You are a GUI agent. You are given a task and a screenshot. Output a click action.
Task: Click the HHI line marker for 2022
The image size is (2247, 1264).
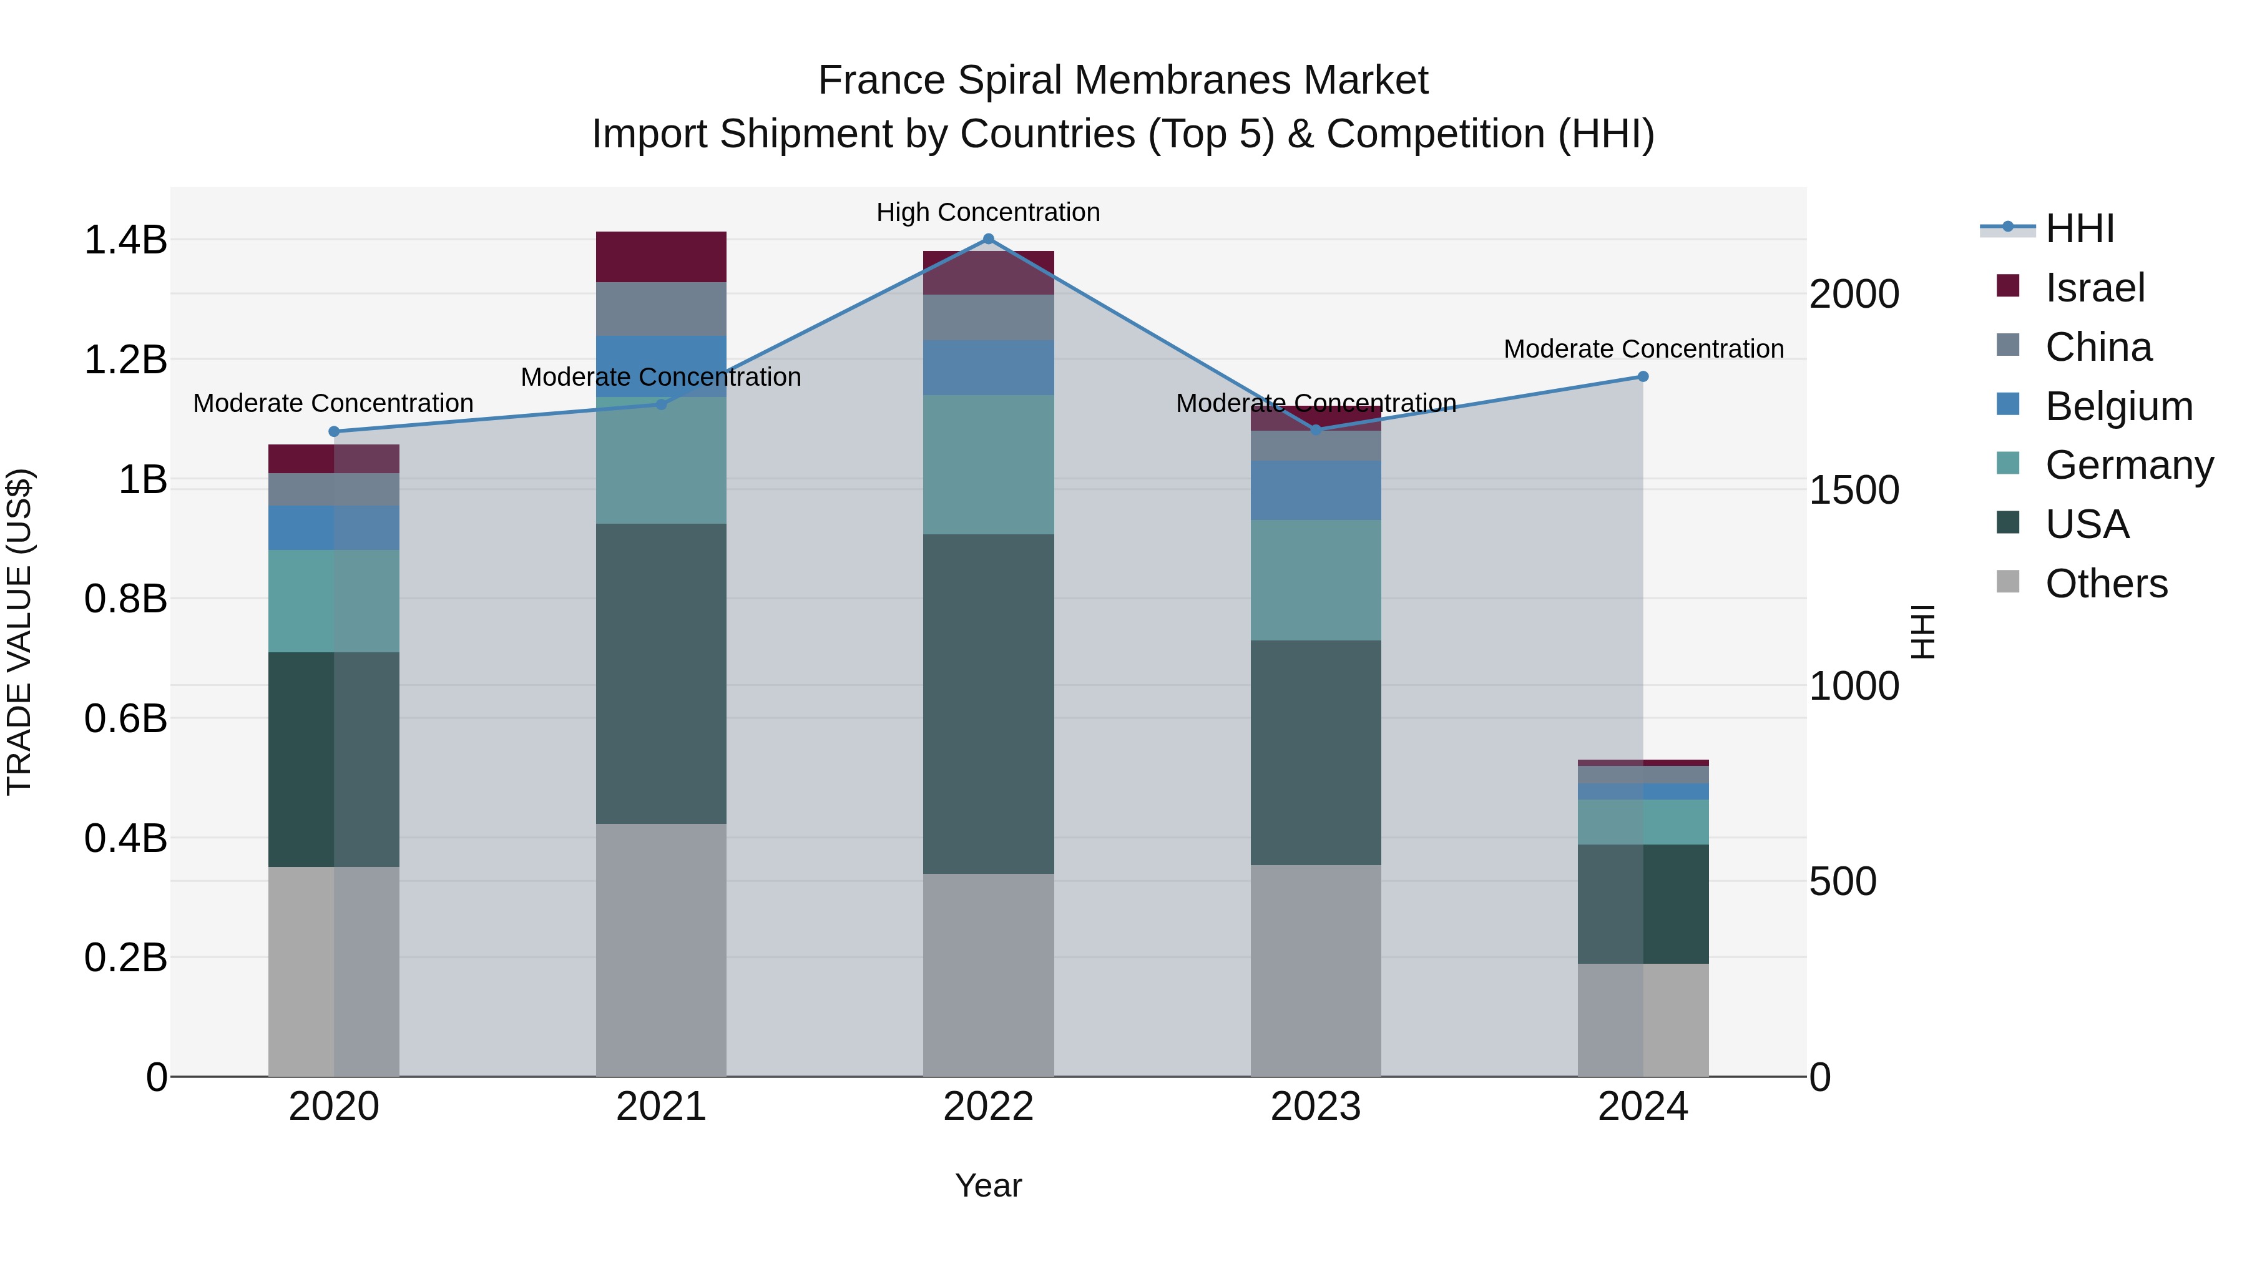coord(988,239)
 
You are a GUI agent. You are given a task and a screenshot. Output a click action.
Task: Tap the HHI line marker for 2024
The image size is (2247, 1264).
coord(1643,377)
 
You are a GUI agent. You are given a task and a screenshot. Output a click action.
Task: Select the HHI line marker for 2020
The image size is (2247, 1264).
coord(334,432)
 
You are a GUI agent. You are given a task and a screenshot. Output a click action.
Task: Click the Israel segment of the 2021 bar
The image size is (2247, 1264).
coord(661,257)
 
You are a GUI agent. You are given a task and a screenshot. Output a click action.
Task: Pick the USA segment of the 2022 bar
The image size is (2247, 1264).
coord(988,704)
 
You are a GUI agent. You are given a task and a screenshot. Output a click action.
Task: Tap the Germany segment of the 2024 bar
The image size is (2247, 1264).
coord(1643,821)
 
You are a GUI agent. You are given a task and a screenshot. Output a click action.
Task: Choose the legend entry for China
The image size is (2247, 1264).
coord(2098,347)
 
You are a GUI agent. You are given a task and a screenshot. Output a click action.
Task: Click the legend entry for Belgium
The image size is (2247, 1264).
coord(2118,406)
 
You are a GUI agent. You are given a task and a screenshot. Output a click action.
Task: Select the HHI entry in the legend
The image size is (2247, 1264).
coord(2080,228)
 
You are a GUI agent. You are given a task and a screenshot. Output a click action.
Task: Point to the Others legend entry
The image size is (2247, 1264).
coord(2106,584)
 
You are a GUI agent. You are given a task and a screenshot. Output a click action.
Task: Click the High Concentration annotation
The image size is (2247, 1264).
coord(988,213)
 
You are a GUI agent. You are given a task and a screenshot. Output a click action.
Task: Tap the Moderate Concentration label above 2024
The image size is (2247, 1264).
coord(1643,349)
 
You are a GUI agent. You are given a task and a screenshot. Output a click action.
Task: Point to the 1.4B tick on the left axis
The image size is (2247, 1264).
coord(125,240)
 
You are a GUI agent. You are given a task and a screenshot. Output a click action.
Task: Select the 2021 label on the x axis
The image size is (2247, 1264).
coord(661,1107)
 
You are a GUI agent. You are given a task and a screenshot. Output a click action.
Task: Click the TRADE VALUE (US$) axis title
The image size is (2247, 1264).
coord(19,632)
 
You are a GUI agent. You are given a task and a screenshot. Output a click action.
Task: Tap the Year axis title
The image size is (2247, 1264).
coord(988,1185)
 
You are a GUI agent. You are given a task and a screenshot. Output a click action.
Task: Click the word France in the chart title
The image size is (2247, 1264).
coord(881,81)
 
